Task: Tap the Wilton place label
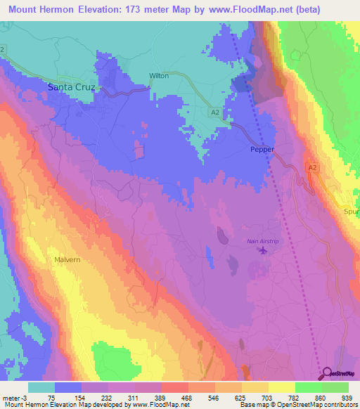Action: tap(159, 76)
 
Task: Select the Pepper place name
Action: tap(262, 150)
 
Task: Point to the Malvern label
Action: tap(68, 259)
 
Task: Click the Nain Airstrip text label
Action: tap(262, 242)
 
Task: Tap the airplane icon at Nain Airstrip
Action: tap(263, 250)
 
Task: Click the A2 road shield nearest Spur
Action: tap(313, 167)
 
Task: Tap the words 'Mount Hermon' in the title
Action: tap(42, 9)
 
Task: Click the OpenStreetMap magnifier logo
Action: tap(328, 373)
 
